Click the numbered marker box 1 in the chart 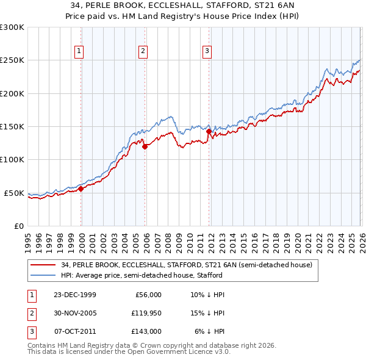click(80, 51)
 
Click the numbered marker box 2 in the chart click(143, 51)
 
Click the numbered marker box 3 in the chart click(207, 51)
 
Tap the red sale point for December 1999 click(81, 189)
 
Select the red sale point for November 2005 click(145, 146)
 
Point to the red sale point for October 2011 click(209, 131)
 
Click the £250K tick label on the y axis click(12, 60)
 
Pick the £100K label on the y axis click(12, 160)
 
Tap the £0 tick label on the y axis click(18, 226)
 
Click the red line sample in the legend click(43, 265)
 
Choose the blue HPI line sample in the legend click(43, 275)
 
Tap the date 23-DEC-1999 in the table click(74, 295)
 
